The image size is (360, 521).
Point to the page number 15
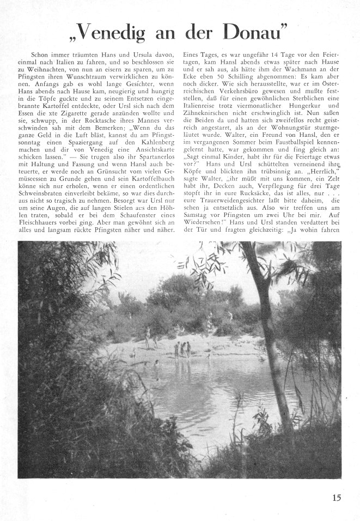click(x=336, y=497)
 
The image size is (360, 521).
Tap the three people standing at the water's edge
click(x=182, y=349)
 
